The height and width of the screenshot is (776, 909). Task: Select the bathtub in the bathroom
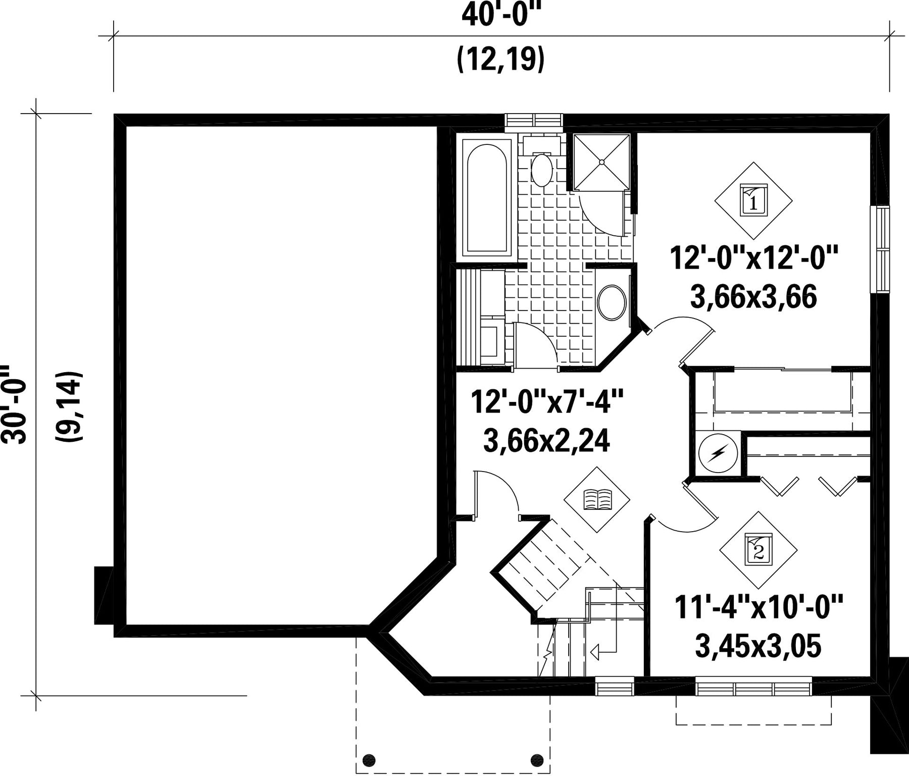486,197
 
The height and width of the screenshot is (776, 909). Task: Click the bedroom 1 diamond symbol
753,200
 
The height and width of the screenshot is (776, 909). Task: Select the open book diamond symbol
597,499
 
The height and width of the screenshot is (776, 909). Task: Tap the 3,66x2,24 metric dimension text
546,440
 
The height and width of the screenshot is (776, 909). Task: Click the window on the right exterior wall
882,248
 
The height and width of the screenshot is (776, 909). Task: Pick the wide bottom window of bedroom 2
753,689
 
